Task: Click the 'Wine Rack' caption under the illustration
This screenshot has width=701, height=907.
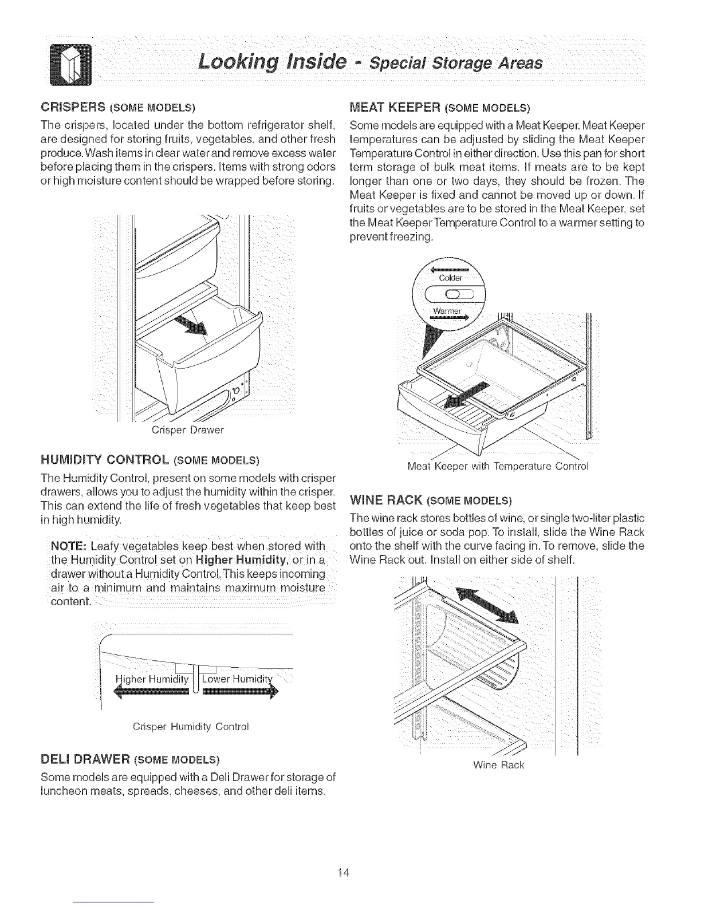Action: tap(499, 764)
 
